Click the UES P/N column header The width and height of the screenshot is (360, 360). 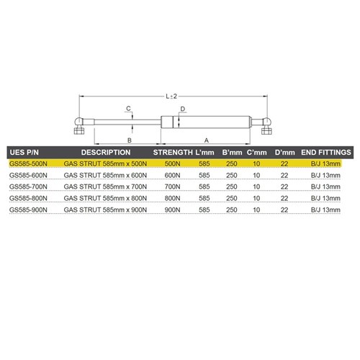(x=24, y=153)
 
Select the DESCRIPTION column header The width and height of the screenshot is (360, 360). (x=106, y=153)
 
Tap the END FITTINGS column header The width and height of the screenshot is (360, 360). (x=326, y=153)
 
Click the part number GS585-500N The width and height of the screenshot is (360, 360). (x=28, y=164)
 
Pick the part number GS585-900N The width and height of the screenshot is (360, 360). (x=28, y=210)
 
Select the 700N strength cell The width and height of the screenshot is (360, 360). (x=172, y=186)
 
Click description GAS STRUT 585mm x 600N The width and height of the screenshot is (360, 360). (x=105, y=176)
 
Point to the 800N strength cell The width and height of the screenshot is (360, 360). (x=172, y=198)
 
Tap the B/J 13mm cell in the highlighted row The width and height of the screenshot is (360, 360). (x=325, y=164)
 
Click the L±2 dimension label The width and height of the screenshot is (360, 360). (x=171, y=96)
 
